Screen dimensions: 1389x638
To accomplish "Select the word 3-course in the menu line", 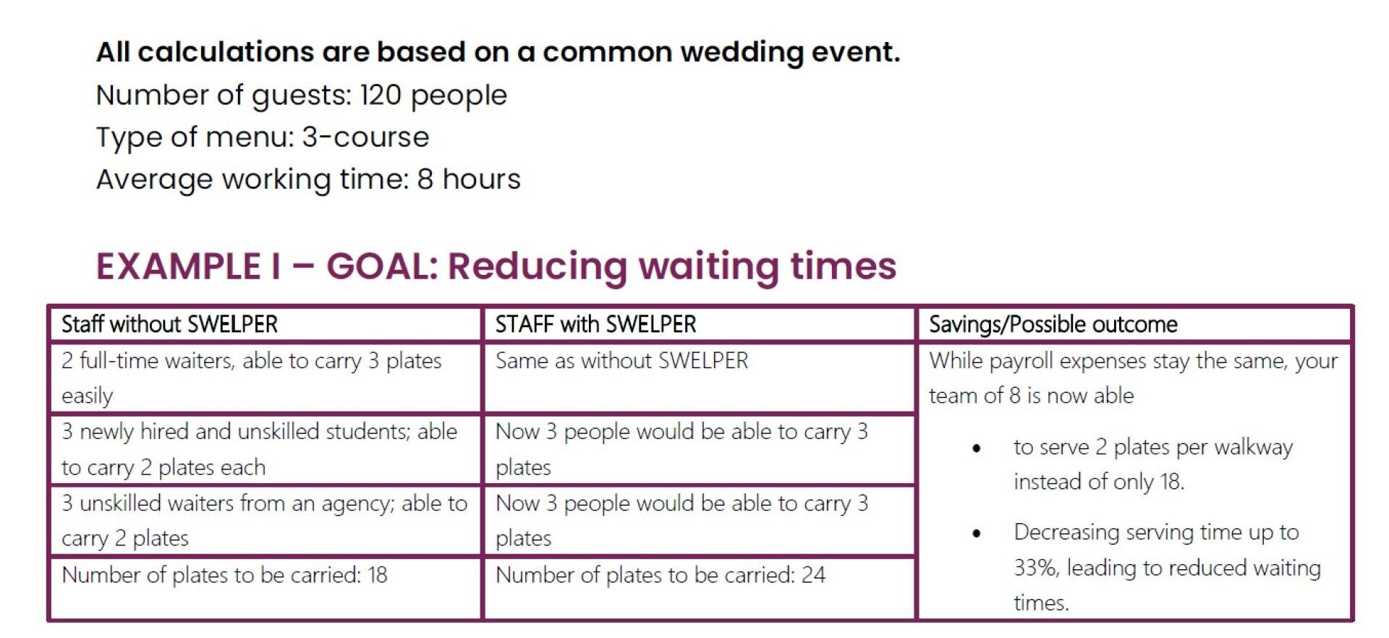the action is click(365, 137).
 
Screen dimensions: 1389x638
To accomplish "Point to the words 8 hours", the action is click(469, 179).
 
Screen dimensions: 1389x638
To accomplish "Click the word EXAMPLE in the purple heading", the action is click(178, 265).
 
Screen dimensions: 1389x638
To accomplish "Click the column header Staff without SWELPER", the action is click(169, 324).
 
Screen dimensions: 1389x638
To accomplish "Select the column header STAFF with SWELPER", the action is click(595, 324).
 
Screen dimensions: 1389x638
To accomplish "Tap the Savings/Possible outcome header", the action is click(1053, 325).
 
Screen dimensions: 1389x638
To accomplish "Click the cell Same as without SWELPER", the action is click(621, 360).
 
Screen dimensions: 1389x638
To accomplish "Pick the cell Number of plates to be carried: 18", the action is click(224, 575).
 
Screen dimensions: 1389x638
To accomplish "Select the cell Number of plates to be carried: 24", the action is click(660, 575).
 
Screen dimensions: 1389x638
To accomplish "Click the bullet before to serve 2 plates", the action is click(977, 448).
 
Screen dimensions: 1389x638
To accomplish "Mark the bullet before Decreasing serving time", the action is click(977, 534).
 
